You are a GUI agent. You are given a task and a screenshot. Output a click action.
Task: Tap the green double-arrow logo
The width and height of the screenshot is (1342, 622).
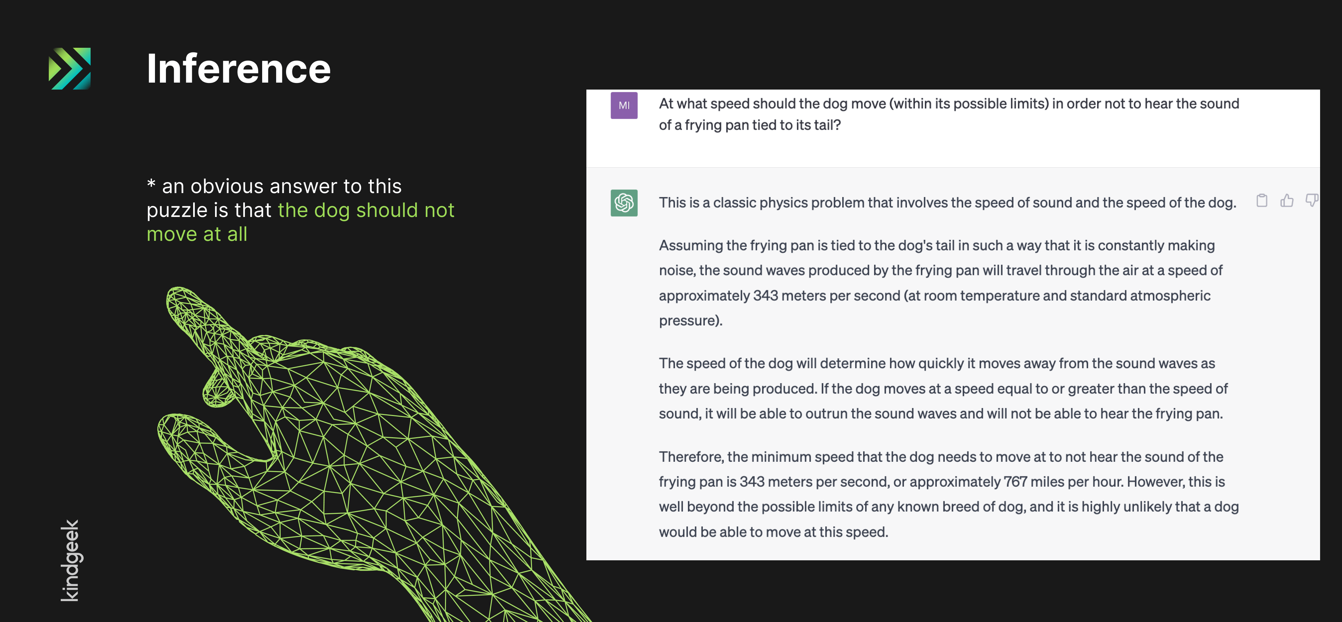point(70,68)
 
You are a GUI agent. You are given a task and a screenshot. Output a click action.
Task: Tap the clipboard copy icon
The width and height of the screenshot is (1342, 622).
point(1262,201)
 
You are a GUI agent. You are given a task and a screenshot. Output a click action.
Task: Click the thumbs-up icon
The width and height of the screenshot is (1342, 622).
point(1287,201)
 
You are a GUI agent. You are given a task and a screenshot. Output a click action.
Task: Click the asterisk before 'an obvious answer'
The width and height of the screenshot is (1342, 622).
point(151,184)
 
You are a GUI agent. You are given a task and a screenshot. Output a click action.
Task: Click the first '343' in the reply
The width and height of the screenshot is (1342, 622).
point(765,295)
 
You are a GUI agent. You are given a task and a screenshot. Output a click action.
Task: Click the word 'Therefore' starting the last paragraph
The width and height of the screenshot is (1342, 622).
point(691,457)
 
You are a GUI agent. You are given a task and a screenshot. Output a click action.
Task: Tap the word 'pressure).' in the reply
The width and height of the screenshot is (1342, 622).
point(691,321)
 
